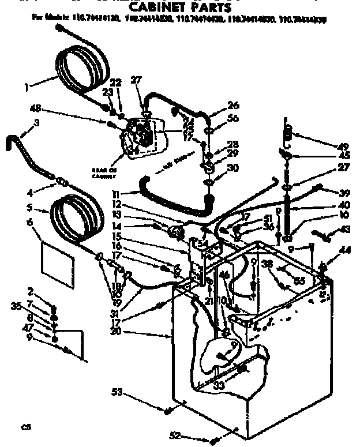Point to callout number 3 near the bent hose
[36, 123]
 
